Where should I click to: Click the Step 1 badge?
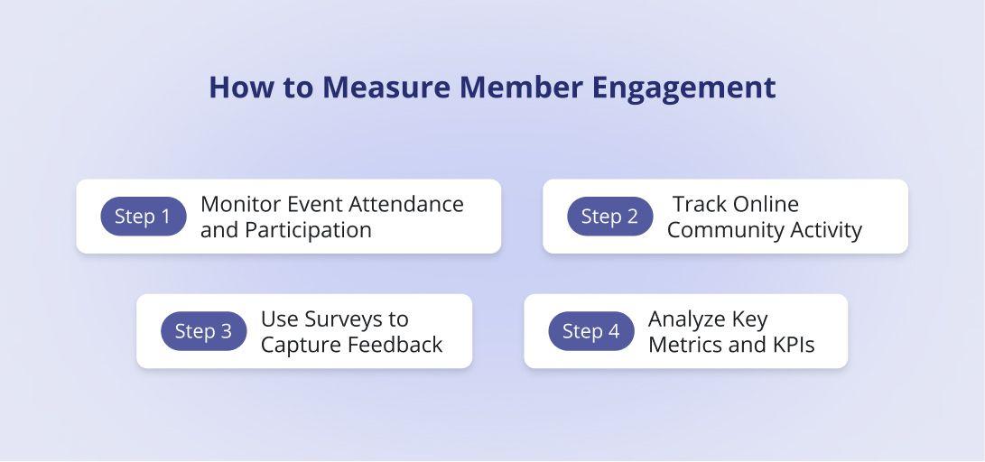(143, 217)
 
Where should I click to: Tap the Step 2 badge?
(609, 217)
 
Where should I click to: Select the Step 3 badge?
(203, 331)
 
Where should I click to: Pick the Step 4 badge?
(591, 331)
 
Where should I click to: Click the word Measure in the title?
(386, 88)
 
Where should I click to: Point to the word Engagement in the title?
(683, 88)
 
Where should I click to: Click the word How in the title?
(235, 88)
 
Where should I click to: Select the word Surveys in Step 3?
(348, 319)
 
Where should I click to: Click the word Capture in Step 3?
(297, 345)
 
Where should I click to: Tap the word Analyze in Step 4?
(684, 319)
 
